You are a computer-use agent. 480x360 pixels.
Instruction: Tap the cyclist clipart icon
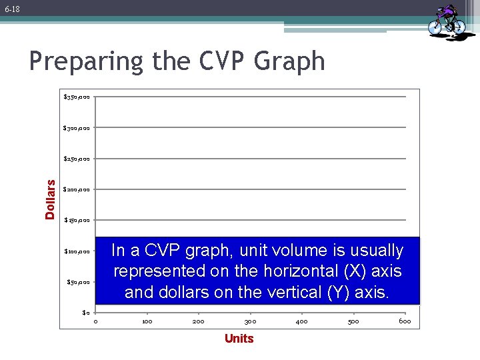click(446, 21)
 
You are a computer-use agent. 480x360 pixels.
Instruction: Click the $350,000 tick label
click(77, 97)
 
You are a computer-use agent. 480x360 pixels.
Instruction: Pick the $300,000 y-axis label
click(77, 128)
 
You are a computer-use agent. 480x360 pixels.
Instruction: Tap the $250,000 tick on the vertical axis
click(77, 159)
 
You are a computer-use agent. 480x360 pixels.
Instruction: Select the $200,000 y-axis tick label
click(77, 189)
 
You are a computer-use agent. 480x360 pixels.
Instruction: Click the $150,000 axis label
click(77, 220)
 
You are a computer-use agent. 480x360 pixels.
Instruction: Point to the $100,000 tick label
click(77, 251)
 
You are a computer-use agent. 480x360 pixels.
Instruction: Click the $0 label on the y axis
click(85, 312)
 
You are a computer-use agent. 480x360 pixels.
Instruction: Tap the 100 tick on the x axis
click(147, 322)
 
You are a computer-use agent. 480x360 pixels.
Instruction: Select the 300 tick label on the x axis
click(250, 322)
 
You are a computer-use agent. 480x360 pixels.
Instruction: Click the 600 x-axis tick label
click(405, 322)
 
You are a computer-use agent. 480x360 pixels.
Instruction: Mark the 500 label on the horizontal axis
click(353, 322)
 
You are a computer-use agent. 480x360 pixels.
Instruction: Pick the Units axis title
click(239, 339)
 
